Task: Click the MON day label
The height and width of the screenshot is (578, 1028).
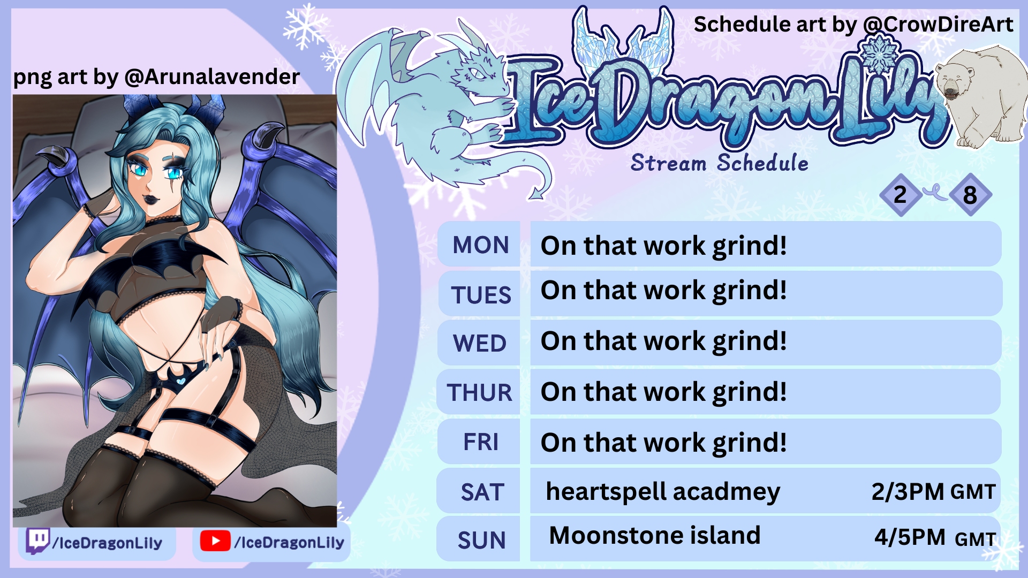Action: click(480, 245)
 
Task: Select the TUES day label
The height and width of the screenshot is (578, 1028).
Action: click(481, 295)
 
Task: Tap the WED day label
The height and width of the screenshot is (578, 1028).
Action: click(480, 343)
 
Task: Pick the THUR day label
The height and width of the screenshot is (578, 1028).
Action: click(480, 392)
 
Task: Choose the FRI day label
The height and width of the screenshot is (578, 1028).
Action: click(481, 442)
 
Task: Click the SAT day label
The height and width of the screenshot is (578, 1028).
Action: click(482, 492)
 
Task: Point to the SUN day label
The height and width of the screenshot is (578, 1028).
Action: click(481, 540)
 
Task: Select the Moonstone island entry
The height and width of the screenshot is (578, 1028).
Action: click(655, 535)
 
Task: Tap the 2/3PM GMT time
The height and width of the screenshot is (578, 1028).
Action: click(934, 491)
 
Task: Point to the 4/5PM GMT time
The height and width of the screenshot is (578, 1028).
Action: click(935, 537)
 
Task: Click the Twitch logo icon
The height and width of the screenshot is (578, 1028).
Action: click(38, 541)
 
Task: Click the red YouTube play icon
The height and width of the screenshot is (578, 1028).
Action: click(215, 541)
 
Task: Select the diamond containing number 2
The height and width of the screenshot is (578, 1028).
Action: click(901, 195)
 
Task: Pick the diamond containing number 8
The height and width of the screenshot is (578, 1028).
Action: click(970, 195)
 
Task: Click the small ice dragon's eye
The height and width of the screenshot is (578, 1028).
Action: click(477, 72)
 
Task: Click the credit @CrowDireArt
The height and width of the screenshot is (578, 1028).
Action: click(938, 24)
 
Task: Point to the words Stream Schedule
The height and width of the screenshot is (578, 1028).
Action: click(720, 163)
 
